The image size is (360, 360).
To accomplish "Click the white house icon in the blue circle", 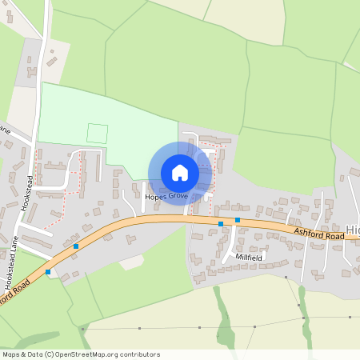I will [180, 172].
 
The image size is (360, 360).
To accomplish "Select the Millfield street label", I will [249, 258].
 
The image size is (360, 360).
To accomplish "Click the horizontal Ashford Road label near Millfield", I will [318, 234].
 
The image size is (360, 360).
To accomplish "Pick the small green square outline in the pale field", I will [97, 134].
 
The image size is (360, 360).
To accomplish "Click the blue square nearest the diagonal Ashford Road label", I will [48, 272].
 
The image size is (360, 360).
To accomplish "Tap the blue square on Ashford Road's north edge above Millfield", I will [238, 219].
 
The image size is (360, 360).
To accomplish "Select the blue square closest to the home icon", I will [221, 225].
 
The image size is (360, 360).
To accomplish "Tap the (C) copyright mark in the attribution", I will [49, 354].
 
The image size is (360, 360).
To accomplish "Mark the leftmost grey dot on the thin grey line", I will [82, 328].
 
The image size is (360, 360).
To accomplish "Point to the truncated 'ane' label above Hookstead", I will [4, 128].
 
